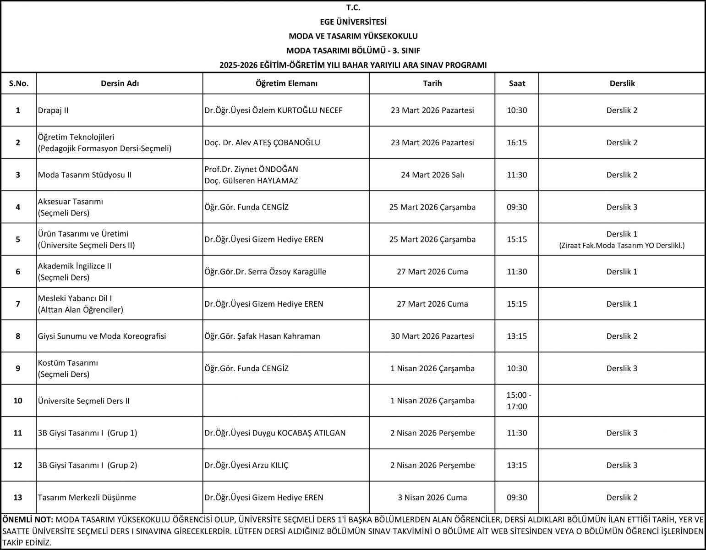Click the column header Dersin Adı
(x=120, y=83)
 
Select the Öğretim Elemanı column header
(x=286, y=83)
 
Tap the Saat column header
(x=517, y=83)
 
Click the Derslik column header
(x=622, y=83)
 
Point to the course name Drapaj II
(x=54, y=110)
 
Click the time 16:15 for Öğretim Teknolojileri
(x=517, y=143)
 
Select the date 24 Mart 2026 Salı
(x=432, y=175)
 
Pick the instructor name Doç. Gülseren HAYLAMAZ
(x=251, y=181)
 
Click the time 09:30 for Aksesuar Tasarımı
(x=517, y=207)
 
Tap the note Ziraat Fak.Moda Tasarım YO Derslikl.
(x=622, y=246)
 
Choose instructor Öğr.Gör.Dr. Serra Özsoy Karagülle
(x=265, y=272)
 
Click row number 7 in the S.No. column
(x=18, y=304)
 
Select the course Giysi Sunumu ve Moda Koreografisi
(x=102, y=336)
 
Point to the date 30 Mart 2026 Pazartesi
(x=432, y=336)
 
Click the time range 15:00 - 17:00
(x=517, y=401)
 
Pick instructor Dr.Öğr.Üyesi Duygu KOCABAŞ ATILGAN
(x=275, y=433)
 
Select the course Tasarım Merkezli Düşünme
(x=87, y=498)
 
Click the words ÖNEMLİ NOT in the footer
(x=28, y=520)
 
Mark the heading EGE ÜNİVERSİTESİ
(x=353, y=22)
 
